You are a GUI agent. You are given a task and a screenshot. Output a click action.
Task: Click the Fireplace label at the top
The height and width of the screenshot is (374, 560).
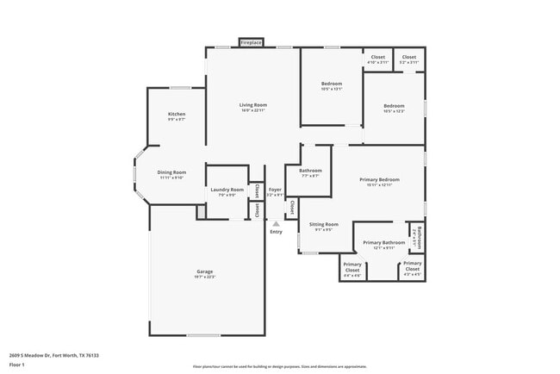point(251,42)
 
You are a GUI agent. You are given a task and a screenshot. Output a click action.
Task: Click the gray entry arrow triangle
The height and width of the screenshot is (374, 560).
point(276,222)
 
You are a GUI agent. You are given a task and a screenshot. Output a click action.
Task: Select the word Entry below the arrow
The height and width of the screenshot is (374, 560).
point(276,232)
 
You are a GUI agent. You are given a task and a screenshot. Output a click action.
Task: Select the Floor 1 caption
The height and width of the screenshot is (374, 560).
point(18,365)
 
